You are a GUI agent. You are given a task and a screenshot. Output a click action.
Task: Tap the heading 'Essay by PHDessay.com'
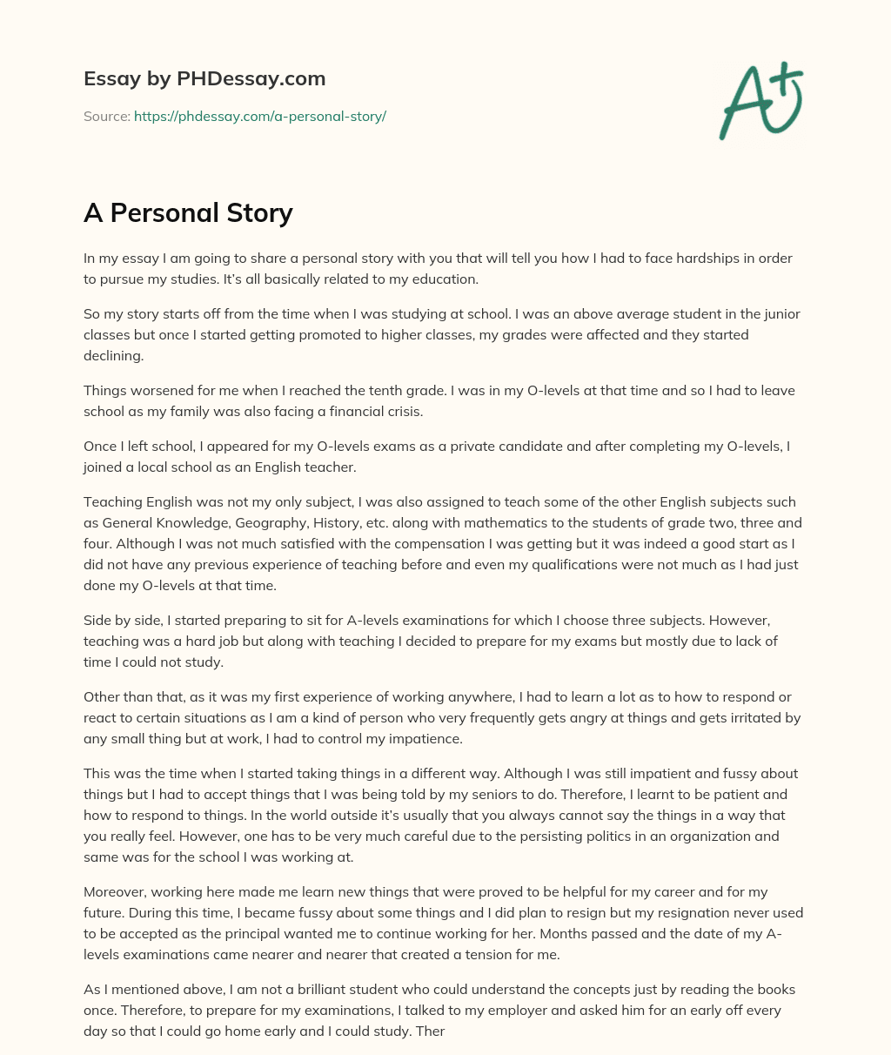pyautogui.click(x=204, y=78)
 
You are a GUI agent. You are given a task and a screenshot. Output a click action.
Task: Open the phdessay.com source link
pyautogui.click(x=259, y=116)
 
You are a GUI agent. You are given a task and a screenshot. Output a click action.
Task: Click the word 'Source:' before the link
pyautogui.click(x=107, y=116)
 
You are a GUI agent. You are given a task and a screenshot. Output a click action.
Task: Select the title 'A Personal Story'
pyautogui.click(x=188, y=212)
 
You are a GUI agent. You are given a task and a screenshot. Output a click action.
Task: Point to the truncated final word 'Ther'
pyautogui.click(x=431, y=1031)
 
